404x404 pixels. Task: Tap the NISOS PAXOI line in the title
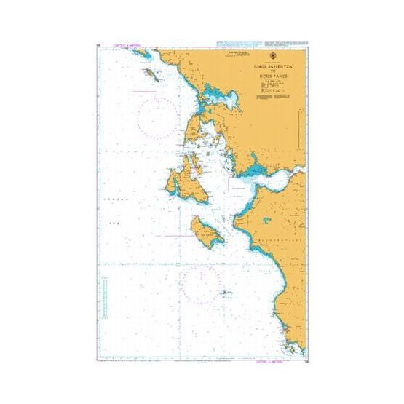(271, 76)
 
